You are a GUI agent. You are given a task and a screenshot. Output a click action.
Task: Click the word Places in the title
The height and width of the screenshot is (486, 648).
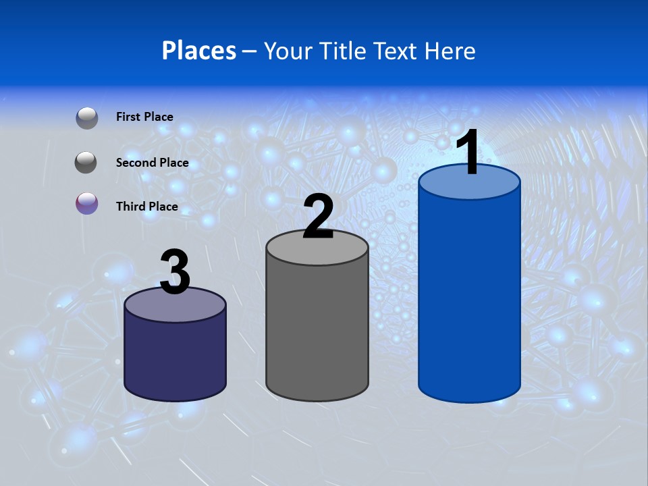(x=199, y=51)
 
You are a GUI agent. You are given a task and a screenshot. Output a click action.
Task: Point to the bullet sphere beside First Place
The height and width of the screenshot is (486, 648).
(x=87, y=118)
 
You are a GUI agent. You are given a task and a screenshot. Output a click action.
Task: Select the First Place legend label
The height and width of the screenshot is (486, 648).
(x=144, y=117)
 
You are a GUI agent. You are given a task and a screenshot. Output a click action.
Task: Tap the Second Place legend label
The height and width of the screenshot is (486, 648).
(x=152, y=163)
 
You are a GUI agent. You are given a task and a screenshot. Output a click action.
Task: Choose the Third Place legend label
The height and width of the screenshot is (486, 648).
(x=147, y=207)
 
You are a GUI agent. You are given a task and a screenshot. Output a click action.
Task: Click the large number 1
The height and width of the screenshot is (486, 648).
(x=468, y=153)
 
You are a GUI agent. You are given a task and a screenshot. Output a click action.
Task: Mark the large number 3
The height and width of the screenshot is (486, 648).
(x=175, y=272)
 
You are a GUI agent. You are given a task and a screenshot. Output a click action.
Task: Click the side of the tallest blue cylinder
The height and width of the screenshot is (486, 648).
(x=469, y=297)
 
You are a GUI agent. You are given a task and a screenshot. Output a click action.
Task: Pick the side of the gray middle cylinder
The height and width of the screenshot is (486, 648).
(x=317, y=331)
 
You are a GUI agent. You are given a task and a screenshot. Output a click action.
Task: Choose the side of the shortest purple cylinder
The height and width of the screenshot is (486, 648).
(x=175, y=358)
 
